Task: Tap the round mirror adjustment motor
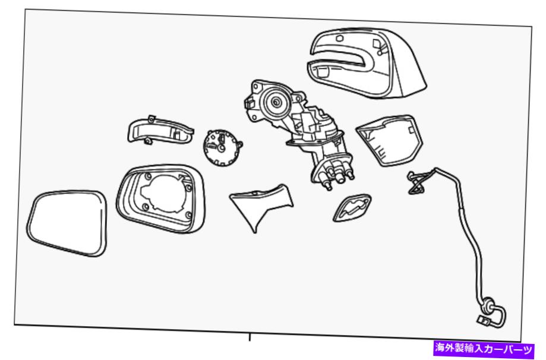coord(222,147)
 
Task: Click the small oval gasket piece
coord(352,208)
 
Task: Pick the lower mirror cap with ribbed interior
coord(390,141)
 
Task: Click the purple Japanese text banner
coord(484,348)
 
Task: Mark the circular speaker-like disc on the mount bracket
coord(276,102)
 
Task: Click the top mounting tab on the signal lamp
coord(151,119)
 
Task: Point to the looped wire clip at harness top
coord(416,182)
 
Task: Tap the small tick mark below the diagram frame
coord(250,337)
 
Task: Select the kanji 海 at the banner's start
coord(440,348)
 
